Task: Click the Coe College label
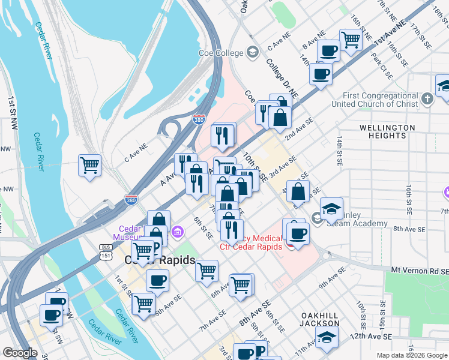pos(220,53)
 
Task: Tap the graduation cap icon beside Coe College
pos(252,53)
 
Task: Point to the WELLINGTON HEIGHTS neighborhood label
pos(387,132)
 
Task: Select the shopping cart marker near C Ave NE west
pos(89,164)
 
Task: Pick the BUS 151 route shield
pos(106,251)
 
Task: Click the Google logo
pos(20,353)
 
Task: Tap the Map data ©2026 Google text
pos(412,355)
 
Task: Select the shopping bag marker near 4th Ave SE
pos(298,192)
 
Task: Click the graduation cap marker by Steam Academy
pos(331,209)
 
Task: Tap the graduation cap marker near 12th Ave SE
pos(327,337)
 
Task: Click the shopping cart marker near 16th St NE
pos(351,40)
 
